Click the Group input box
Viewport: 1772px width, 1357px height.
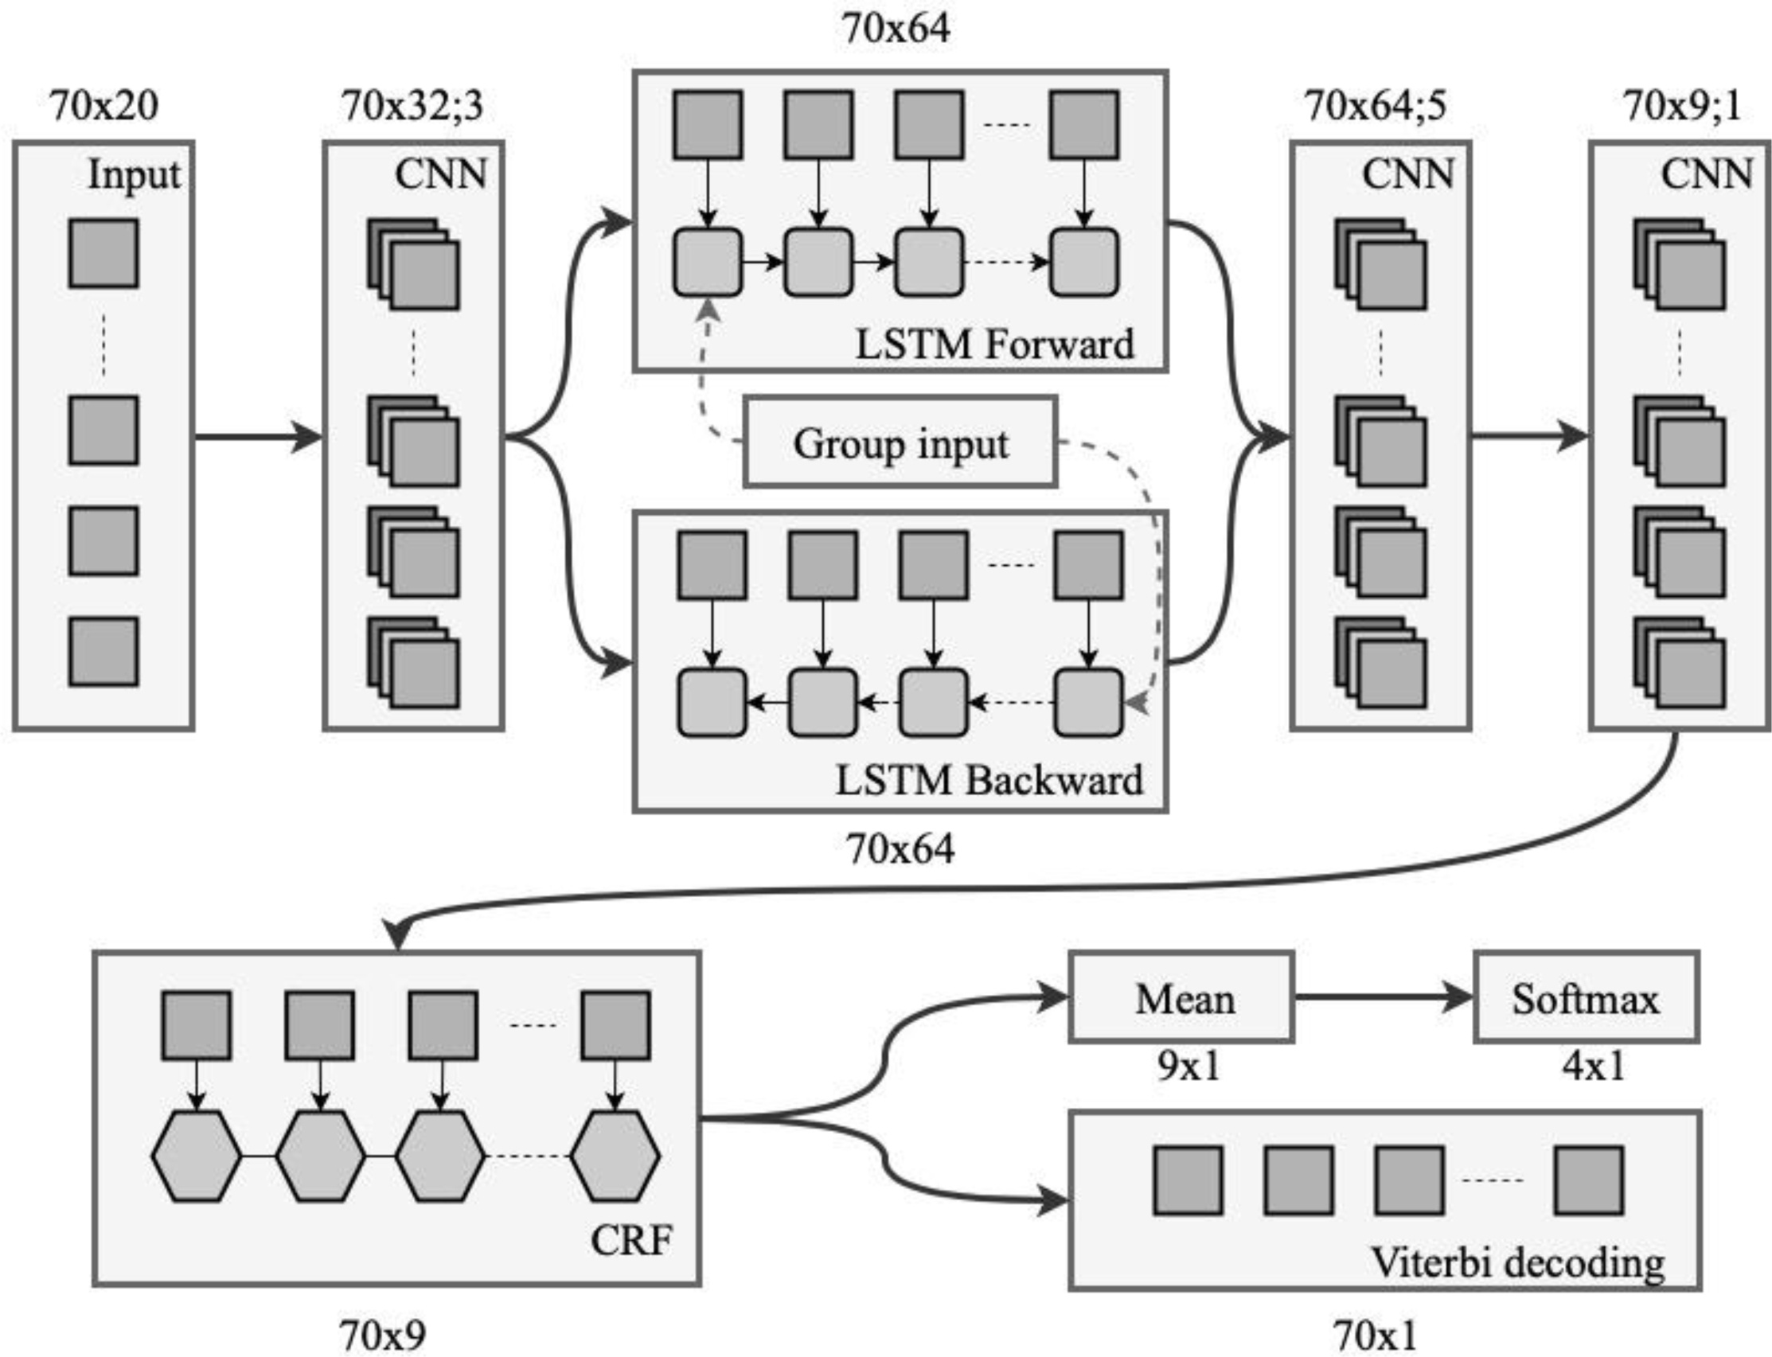[900, 442]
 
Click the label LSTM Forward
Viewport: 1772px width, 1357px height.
[994, 344]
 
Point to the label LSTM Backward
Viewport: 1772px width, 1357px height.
[989, 780]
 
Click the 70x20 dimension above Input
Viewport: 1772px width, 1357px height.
[104, 105]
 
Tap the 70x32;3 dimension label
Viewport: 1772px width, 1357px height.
[412, 105]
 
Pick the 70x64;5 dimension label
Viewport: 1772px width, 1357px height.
[1376, 105]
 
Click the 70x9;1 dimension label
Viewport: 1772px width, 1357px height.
[1681, 105]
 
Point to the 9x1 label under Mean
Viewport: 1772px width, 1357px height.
[1188, 1066]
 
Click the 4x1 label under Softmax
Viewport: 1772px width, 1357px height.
[1593, 1066]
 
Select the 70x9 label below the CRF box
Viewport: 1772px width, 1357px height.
[382, 1336]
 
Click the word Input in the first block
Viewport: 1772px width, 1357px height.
[134, 174]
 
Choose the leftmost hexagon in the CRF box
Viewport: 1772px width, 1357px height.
[197, 1156]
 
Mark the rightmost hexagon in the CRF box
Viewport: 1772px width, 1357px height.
[615, 1156]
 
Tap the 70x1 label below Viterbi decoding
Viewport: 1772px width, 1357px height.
[1375, 1336]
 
